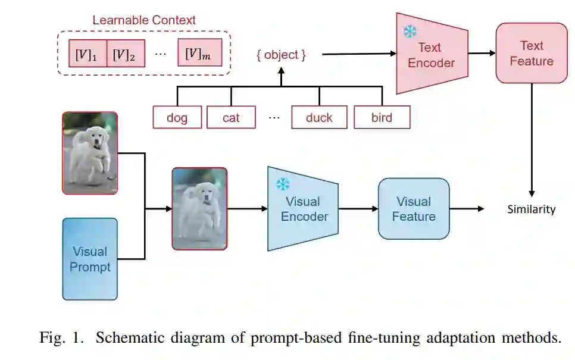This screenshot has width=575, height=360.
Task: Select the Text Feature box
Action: (x=531, y=54)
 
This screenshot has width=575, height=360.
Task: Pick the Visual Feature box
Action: (x=414, y=209)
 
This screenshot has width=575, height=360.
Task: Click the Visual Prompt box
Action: (x=90, y=259)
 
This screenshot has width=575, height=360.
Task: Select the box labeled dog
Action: (x=177, y=118)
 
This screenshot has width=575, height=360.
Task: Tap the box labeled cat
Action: (x=231, y=118)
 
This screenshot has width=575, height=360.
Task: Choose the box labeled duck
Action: (x=319, y=118)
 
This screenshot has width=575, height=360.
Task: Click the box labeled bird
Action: (x=382, y=118)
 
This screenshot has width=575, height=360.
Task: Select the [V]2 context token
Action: (x=125, y=54)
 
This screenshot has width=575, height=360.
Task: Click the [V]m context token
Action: (x=199, y=54)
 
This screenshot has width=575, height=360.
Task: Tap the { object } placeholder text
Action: (x=281, y=55)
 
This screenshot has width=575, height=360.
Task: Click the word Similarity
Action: (x=531, y=209)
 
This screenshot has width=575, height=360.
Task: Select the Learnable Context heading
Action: (x=143, y=20)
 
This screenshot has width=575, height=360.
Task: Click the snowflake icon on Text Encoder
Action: (x=410, y=31)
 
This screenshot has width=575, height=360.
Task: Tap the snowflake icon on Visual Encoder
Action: (x=282, y=184)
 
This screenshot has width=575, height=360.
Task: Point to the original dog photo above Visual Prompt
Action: (x=90, y=153)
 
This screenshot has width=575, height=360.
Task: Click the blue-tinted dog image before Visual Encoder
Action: (x=199, y=208)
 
